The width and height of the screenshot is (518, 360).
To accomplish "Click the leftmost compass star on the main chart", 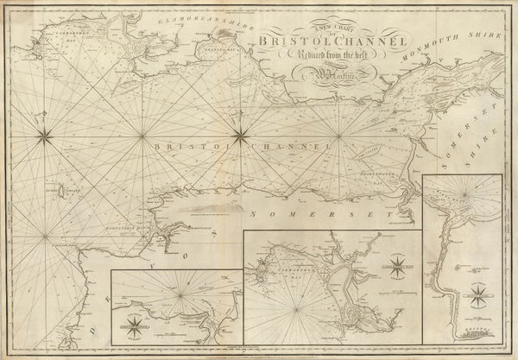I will tap(45, 133).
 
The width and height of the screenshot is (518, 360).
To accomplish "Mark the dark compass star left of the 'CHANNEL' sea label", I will tap(240, 133).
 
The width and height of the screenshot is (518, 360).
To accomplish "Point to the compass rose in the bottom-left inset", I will tap(131, 326).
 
